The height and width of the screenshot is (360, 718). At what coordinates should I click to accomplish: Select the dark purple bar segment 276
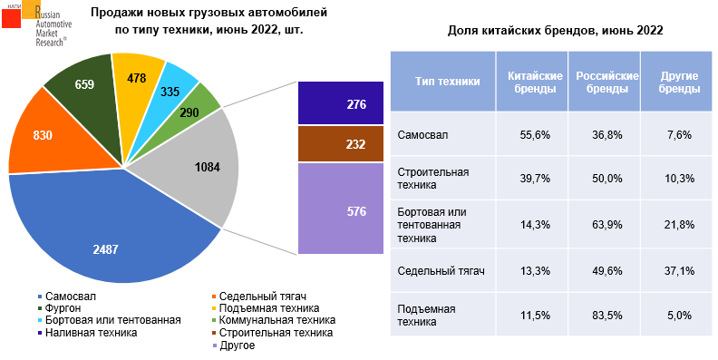pyautogui.click(x=333, y=104)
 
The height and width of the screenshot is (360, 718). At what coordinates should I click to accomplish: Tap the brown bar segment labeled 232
pyautogui.click(x=333, y=143)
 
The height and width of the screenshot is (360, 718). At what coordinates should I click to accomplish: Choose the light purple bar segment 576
pyautogui.click(x=333, y=211)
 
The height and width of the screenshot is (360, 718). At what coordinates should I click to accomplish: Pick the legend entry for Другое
pyautogui.click(x=237, y=345)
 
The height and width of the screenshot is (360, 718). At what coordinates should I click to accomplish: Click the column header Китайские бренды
pyautogui.click(x=535, y=83)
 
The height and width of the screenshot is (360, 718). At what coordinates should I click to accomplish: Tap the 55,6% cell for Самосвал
pyautogui.click(x=535, y=135)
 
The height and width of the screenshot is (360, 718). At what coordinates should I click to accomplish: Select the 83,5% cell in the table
pyautogui.click(x=606, y=315)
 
